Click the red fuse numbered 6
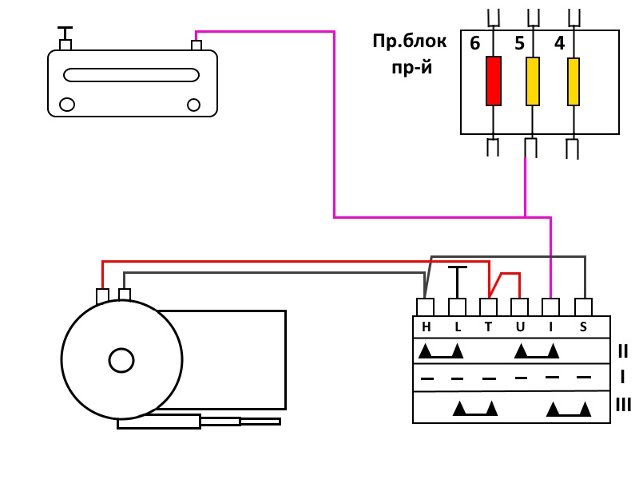pos(494,81)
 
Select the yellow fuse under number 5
pos(533,81)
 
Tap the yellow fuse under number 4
pos(573,81)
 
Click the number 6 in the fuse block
pos(475,44)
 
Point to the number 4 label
pos(559,44)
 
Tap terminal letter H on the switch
pos(426,327)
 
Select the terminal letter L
pos(458,327)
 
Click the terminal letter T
pos(488,327)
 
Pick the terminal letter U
pos(520,327)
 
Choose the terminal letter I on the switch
pos(551,327)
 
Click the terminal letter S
pos(583,327)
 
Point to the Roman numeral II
pos(623,350)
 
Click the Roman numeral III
pos(624,406)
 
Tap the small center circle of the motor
pos(121,360)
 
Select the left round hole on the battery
pos(68,105)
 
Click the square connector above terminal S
pos(584,307)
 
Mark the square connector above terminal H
pos(426,307)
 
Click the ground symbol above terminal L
pos(457,269)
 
